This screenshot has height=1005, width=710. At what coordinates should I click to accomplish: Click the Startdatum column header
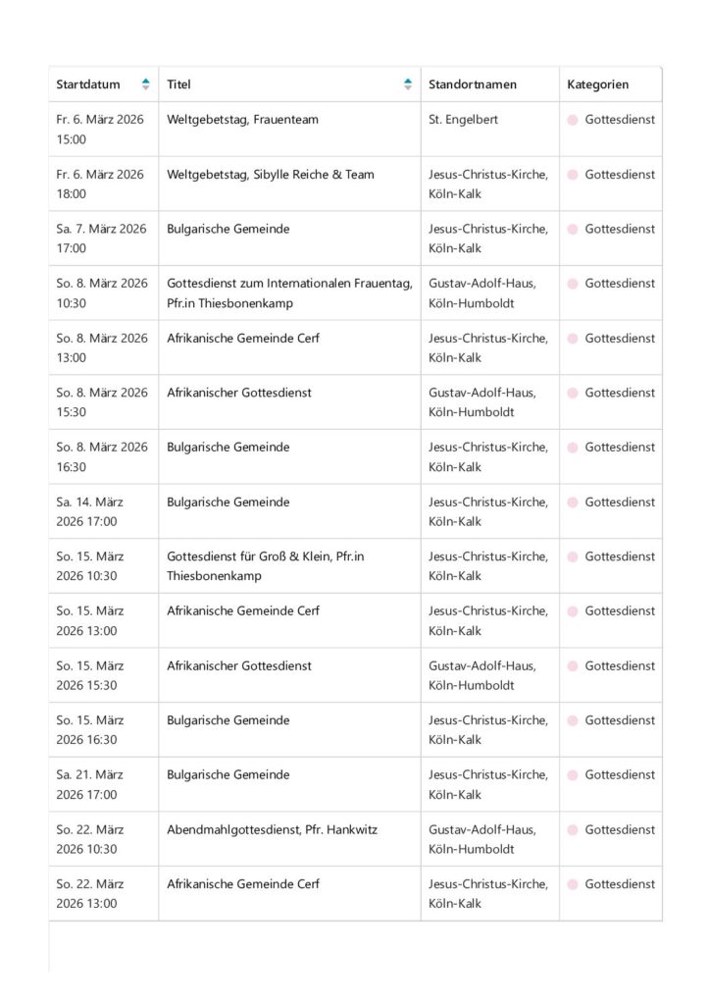88,84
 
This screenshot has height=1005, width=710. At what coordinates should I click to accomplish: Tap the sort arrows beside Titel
408,84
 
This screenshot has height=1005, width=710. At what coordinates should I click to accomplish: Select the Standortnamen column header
472,84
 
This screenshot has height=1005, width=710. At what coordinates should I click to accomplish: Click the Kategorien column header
597,84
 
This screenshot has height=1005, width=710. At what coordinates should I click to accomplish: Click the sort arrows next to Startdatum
146,84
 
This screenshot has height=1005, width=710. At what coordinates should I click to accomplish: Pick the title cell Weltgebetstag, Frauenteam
242,120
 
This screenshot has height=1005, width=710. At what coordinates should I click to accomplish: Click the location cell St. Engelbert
463,120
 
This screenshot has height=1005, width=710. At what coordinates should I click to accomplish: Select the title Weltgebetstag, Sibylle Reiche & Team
271,175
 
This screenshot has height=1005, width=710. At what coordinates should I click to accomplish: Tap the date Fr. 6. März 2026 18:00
100,185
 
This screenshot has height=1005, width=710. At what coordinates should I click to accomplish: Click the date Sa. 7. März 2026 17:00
101,238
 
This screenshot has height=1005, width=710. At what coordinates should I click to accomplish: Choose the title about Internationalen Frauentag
289,293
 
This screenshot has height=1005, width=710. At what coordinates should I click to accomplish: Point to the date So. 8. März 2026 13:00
102,347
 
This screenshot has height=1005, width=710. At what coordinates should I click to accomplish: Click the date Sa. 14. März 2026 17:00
89,511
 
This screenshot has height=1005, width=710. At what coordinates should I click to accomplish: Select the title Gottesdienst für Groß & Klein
266,566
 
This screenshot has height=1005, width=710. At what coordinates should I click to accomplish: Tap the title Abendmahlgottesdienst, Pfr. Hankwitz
272,829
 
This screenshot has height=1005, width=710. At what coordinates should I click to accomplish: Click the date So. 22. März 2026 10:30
89,839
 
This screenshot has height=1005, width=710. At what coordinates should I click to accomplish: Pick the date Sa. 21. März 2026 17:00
89,784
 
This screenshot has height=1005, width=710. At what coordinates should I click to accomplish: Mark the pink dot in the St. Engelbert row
573,121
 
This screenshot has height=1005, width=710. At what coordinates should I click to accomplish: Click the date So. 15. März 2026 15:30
89,675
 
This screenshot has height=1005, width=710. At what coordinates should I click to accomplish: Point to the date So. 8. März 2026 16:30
102,457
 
